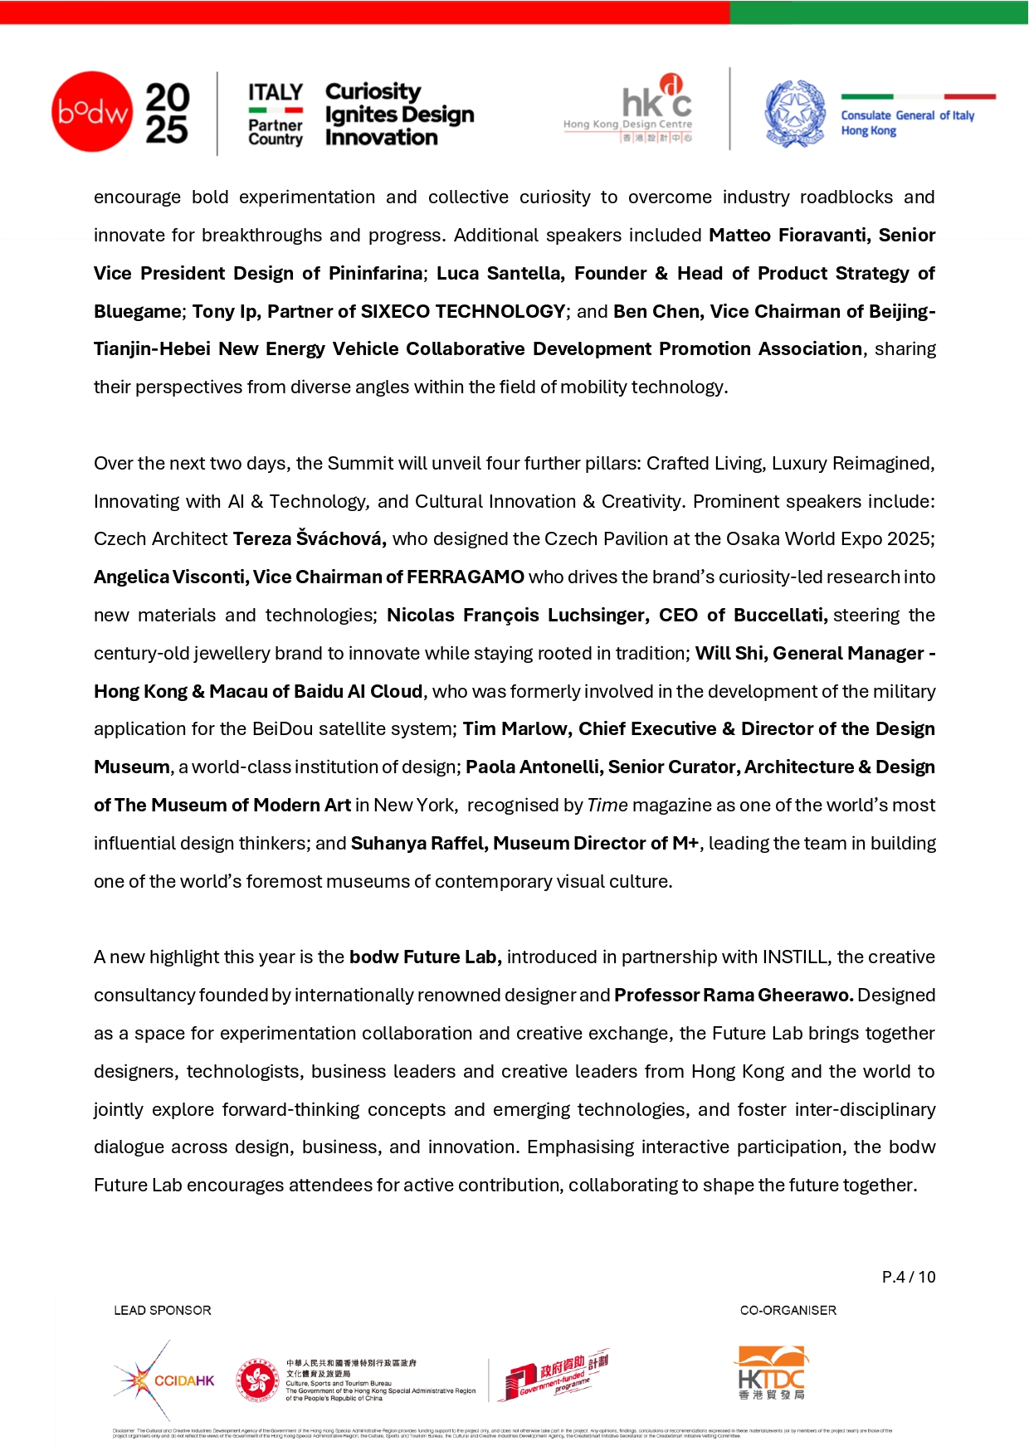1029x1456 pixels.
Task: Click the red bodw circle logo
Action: click(91, 111)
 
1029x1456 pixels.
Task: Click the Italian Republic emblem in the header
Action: click(794, 114)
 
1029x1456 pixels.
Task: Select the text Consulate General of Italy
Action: click(907, 115)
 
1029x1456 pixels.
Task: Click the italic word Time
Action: click(607, 806)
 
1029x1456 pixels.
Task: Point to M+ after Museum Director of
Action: click(685, 844)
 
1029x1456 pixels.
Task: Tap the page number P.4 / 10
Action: click(908, 1278)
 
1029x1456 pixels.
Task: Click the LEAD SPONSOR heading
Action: click(163, 1311)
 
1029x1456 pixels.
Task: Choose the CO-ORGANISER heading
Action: click(788, 1311)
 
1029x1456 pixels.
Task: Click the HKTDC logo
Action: click(772, 1374)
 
